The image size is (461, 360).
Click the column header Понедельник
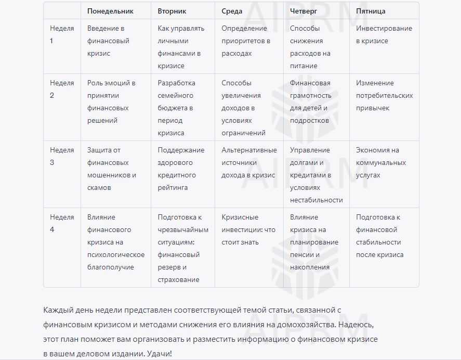click(110, 11)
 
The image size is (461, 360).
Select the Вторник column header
click(172, 11)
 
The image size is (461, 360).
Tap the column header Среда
click(232, 11)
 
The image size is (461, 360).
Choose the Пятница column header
click(371, 11)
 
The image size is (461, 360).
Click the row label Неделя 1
click(62, 34)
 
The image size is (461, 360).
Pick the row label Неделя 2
click(62, 89)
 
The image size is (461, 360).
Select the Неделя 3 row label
click(62, 156)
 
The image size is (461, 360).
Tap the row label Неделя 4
click(62, 223)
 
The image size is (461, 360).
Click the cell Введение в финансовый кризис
click(108, 41)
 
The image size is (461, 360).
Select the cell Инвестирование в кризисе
click(384, 34)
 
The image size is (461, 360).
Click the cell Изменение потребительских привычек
click(384, 95)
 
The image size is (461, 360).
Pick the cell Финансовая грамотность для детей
click(310, 101)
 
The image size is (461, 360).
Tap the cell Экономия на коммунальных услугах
click(380, 162)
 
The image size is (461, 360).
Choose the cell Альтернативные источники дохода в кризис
click(249, 162)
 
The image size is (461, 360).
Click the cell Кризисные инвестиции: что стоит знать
click(248, 229)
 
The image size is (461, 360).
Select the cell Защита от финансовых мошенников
click(111, 169)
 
